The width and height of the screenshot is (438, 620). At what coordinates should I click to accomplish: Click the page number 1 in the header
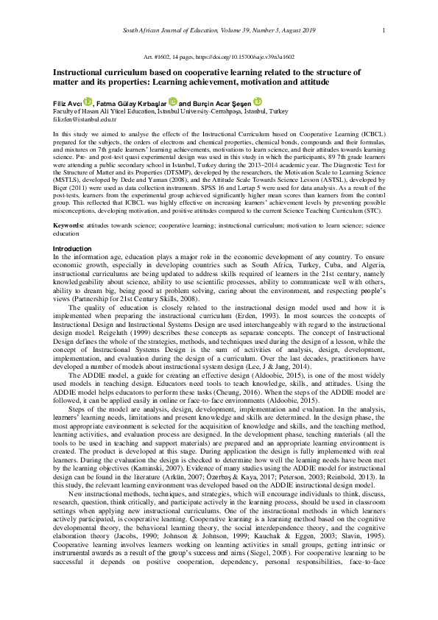(384, 29)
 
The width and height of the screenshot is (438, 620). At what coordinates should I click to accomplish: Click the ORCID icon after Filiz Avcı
(87, 102)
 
